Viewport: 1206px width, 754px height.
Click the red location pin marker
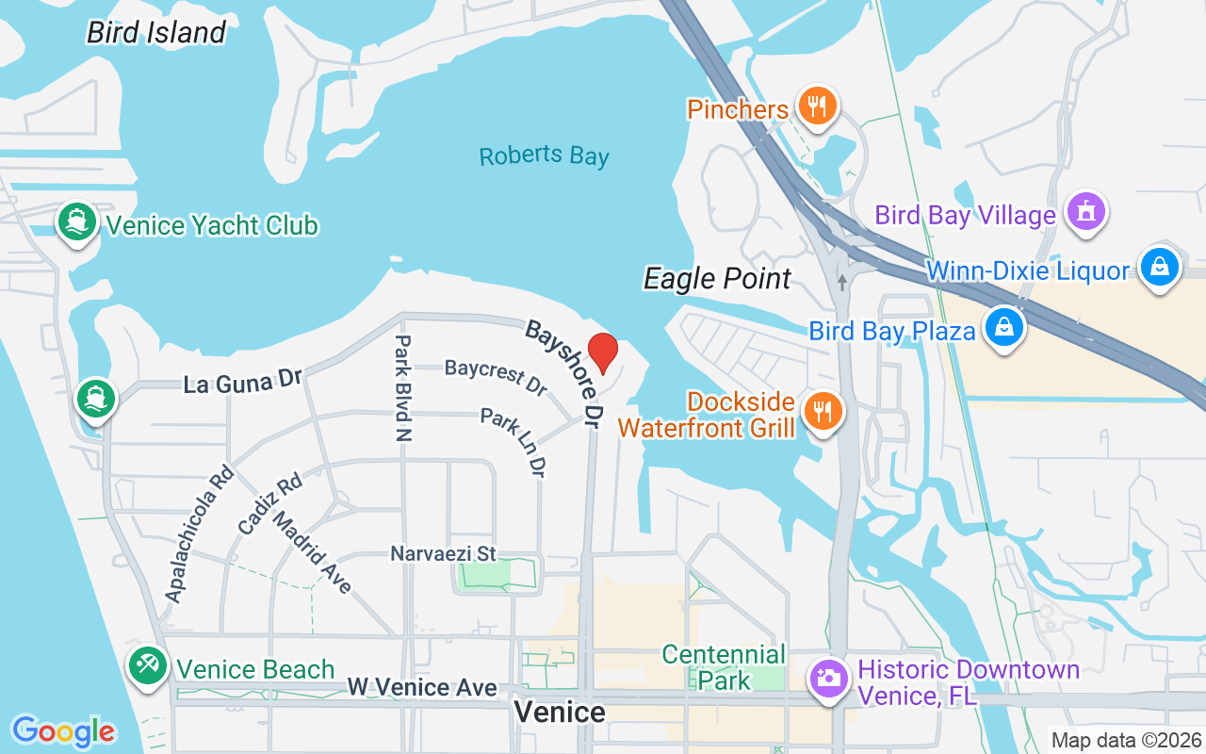point(602,353)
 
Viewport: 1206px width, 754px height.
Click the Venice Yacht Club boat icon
point(75,222)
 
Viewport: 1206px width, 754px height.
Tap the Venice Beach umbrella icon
point(148,665)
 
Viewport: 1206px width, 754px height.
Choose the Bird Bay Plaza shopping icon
point(1004,328)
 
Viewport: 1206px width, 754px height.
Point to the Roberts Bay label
point(544,156)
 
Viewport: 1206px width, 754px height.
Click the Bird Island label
point(156,33)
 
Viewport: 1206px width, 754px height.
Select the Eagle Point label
point(717,279)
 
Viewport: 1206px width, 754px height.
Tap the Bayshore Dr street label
point(563,375)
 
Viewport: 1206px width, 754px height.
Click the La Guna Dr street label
point(242,382)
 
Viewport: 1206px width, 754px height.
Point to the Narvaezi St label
point(443,553)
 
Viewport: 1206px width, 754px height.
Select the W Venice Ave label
point(421,688)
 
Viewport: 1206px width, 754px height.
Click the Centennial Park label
point(724,666)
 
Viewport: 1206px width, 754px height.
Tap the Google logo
point(63,731)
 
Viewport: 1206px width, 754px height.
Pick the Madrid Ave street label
point(312,552)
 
